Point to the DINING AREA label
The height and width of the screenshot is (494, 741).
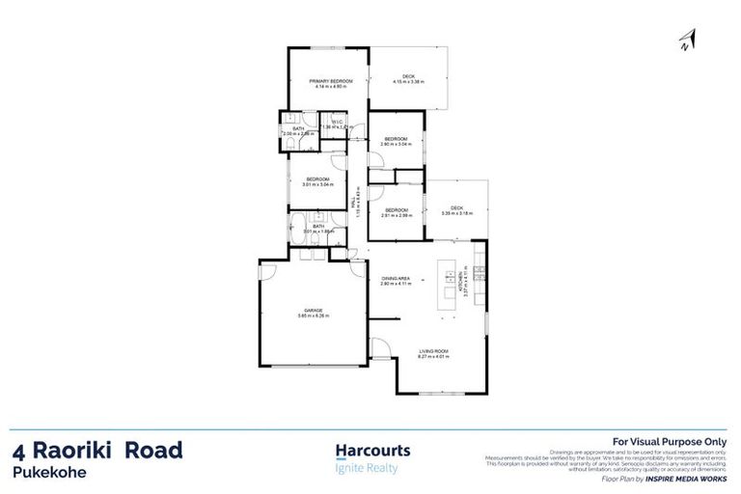click(396, 278)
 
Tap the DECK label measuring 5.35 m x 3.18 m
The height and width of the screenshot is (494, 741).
click(457, 209)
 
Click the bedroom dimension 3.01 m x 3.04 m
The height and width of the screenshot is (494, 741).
click(318, 184)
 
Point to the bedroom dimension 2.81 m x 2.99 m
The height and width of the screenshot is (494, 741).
click(397, 215)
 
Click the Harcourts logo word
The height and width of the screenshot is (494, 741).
click(372, 451)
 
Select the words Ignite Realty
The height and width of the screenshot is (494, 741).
click(366, 469)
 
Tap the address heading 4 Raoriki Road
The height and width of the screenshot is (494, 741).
click(97, 451)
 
